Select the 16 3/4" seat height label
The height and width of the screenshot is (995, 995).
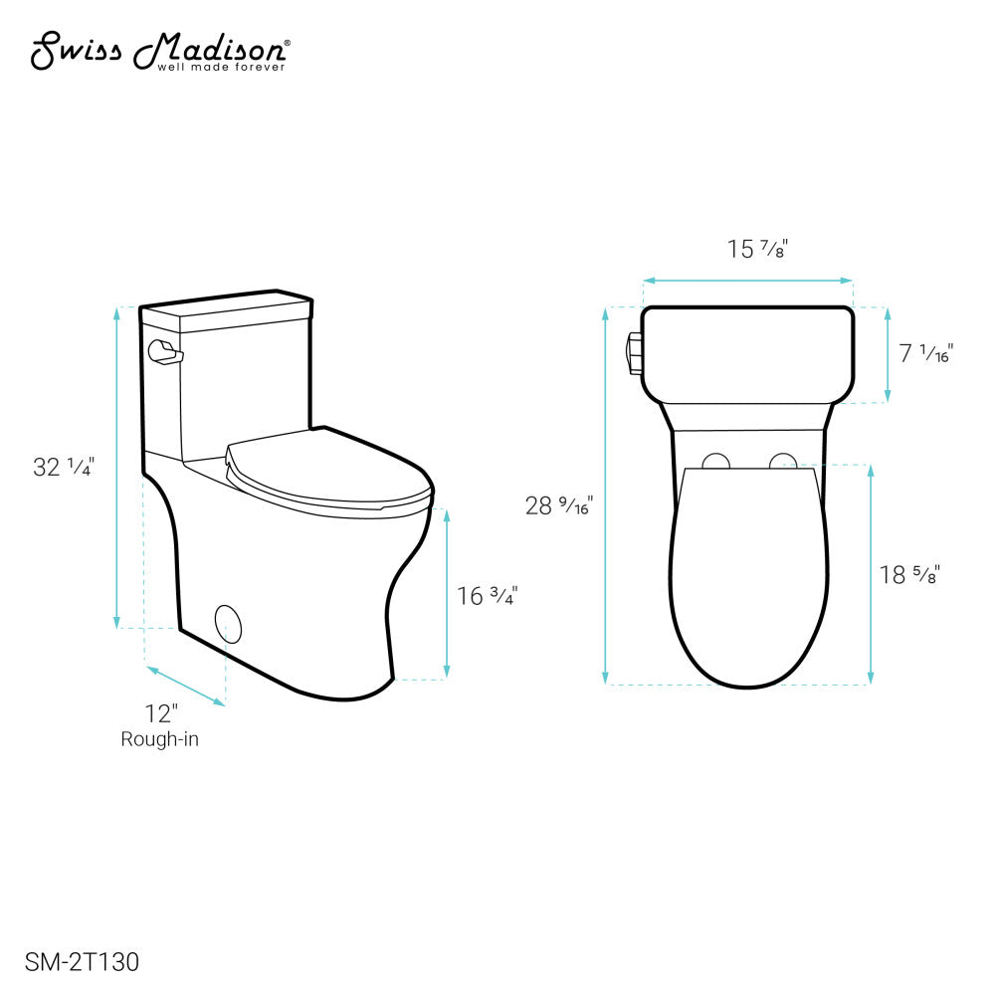point(488,596)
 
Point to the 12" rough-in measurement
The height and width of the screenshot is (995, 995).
point(160,713)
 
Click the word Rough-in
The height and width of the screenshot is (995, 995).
point(160,739)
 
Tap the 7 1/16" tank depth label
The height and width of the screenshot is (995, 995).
point(926,353)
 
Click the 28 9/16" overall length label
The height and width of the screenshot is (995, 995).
point(558,505)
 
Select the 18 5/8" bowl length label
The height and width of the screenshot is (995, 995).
point(909,574)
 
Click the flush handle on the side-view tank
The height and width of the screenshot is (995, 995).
point(162,351)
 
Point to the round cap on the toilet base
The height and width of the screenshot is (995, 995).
point(229,624)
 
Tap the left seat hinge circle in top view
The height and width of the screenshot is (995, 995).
point(715,461)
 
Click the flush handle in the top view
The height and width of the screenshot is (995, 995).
point(633,355)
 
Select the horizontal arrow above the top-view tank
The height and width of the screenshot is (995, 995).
point(747,281)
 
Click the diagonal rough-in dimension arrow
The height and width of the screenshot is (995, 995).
point(185,687)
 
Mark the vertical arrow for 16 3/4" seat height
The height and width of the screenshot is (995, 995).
point(446,594)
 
